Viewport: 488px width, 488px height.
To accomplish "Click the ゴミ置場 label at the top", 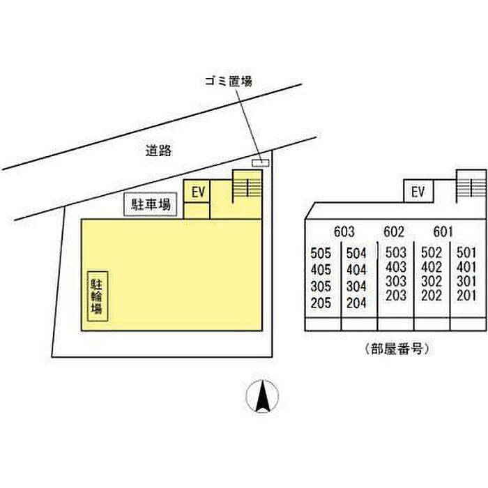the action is click(x=229, y=82).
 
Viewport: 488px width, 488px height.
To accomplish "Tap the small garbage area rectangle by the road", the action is click(x=260, y=162).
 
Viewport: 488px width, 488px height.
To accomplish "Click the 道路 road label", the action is click(x=159, y=151).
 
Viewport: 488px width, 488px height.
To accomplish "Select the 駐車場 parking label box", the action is click(x=151, y=204).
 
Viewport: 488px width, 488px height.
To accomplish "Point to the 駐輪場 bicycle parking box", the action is click(x=98, y=296).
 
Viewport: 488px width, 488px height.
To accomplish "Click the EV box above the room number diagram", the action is click(x=418, y=191).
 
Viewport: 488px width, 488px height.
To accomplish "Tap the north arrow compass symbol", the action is click(x=262, y=396).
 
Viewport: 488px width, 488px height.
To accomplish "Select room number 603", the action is click(x=344, y=231).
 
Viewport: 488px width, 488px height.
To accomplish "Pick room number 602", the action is click(x=394, y=231).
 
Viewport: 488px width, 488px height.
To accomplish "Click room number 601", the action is click(x=443, y=231).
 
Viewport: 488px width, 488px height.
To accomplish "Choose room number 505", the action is click(x=321, y=253).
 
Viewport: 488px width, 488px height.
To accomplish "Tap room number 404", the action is click(x=356, y=270).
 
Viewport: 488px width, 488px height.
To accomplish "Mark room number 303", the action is click(x=396, y=281).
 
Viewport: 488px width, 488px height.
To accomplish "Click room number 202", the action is click(x=432, y=296).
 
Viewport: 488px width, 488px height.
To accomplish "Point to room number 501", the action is click(x=466, y=252).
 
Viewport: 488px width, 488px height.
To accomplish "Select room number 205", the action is click(x=321, y=303).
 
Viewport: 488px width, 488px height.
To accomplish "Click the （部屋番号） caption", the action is click(x=396, y=349).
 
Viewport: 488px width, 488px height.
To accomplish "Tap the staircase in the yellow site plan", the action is click(x=247, y=186).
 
